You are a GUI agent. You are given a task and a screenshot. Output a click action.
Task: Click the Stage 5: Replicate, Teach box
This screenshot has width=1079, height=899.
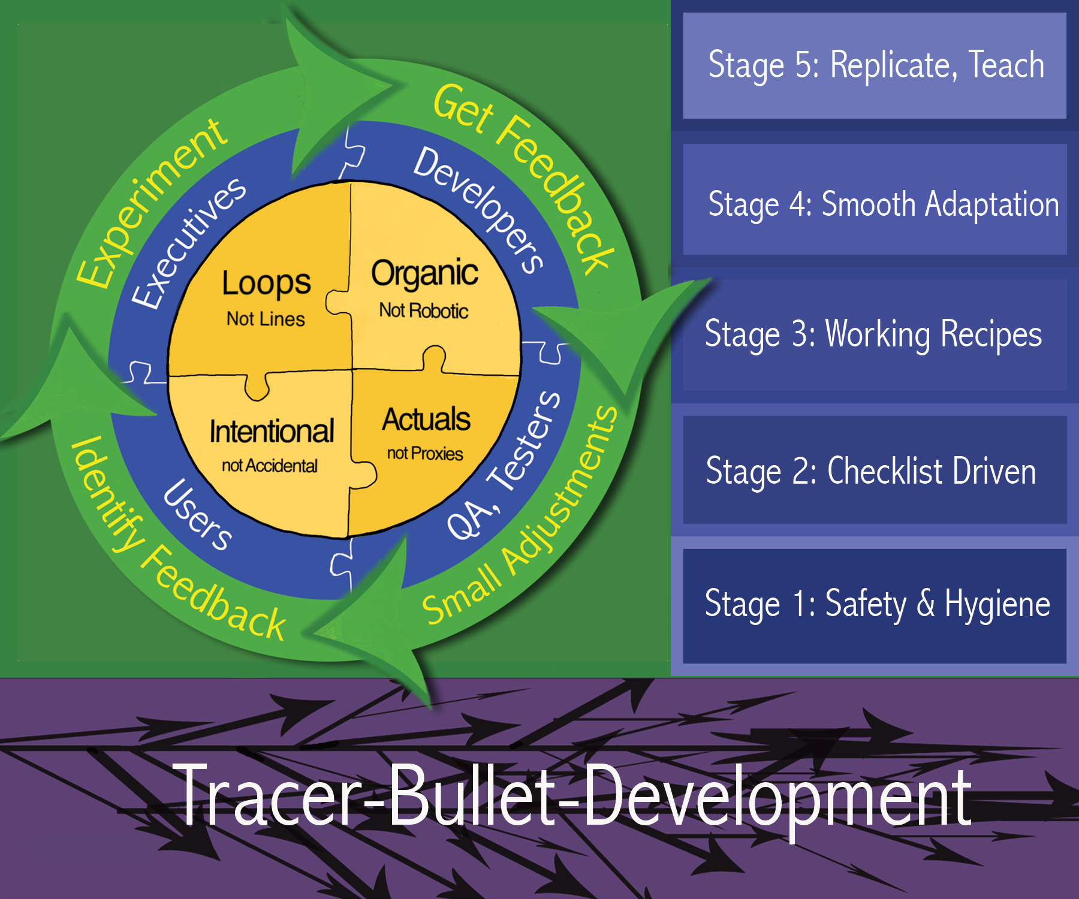pos(875,65)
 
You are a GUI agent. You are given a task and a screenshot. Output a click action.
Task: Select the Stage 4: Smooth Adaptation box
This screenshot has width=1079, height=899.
pos(875,200)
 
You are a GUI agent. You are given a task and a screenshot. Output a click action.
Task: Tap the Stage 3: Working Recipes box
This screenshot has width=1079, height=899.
pos(875,336)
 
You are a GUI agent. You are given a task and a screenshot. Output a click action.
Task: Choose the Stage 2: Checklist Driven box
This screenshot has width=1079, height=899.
pos(875,470)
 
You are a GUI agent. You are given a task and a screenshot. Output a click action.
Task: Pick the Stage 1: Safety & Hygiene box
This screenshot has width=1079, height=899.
pos(875,606)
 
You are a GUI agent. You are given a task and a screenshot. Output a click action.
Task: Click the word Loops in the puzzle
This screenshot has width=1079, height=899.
pos(266,283)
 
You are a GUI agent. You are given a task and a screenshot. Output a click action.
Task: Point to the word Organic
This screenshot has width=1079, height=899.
pos(424,274)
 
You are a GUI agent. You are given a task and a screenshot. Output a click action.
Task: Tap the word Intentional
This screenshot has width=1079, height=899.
pos(272,432)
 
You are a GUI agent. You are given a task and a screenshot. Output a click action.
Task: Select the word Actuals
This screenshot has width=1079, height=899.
pos(426,420)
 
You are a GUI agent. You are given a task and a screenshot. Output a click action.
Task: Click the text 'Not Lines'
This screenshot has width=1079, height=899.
pos(266,319)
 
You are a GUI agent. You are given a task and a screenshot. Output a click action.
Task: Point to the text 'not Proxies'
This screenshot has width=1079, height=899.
pos(425,454)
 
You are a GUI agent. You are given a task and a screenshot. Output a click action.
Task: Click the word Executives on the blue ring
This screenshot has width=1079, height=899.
pos(188,243)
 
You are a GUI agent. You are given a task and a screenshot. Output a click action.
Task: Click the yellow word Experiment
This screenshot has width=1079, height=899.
pos(152,202)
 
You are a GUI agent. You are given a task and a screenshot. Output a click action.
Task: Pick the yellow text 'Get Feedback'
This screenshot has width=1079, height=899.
pos(525,178)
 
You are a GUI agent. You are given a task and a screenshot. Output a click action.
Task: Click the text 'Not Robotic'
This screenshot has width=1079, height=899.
pos(424,310)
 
